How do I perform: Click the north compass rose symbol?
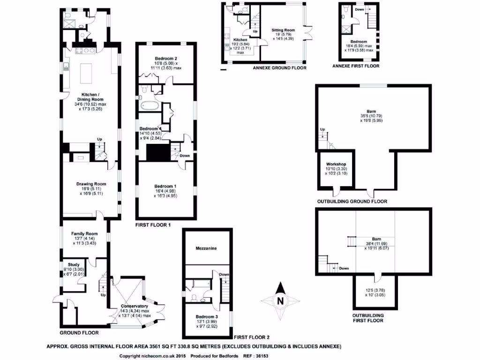(280, 300)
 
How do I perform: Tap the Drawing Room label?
(91, 184)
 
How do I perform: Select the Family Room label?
(84, 233)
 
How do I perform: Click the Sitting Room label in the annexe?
(283, 30)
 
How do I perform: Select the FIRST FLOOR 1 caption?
(152, 225)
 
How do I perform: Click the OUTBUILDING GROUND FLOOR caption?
(352, 202)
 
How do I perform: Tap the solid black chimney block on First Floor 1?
(157, 152)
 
